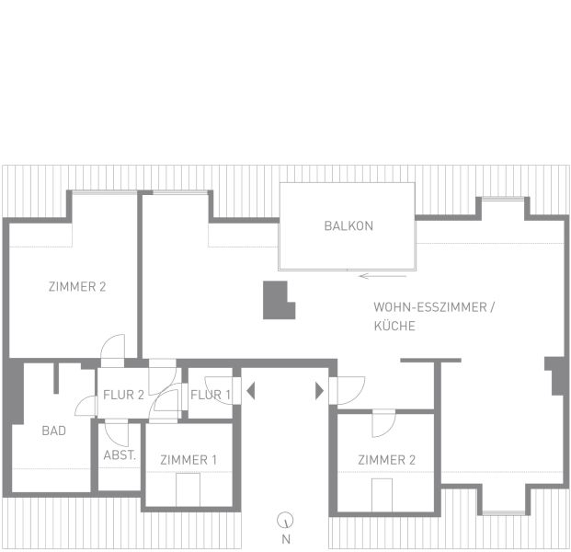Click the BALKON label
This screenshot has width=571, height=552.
click(x=348, y=226)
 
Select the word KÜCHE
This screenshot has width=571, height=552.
click(x=394, y=326)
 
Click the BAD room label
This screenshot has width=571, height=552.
click(x=54, y=431)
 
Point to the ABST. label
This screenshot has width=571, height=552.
click(x=120, y=455)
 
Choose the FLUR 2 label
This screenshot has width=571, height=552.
click(x=123, y=395)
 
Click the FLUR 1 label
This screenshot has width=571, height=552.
click(x=211, y=395)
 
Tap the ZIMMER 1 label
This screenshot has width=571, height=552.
click(x=188, y=460)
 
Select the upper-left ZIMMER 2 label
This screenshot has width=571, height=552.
click(x=77, y=287)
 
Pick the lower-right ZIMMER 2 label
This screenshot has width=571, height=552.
click(x=387, y=460)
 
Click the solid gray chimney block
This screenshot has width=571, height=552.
click(x=278, y=300)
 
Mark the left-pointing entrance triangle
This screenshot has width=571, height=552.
click(x=250, y=391)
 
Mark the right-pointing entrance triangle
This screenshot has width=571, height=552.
click(x=319, y=391)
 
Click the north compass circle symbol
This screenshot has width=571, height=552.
click(x=285, y=521)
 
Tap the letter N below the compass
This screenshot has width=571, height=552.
click(x=286, y=539)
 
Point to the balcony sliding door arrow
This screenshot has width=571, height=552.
click(x=383, y=276)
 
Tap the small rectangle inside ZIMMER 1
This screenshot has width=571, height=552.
click(x=188, y=489)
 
